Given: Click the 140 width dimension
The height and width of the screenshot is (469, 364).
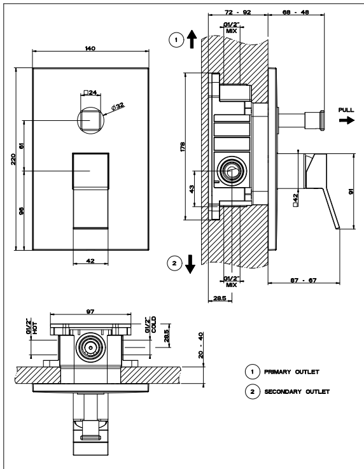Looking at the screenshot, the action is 90,48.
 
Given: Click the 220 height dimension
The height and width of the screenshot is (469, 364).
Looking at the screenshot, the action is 13,159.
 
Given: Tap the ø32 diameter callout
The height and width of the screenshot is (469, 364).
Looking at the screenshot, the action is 118,106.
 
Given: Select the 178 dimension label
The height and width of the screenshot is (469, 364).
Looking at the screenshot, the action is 183,146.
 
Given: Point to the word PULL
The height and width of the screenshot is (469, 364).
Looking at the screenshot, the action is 346,110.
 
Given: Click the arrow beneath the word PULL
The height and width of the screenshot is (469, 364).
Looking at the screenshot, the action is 347,120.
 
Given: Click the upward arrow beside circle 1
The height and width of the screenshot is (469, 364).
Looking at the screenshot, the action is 192,39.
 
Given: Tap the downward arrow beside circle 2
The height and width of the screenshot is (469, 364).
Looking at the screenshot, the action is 190,264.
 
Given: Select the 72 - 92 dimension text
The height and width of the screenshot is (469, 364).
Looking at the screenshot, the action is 238,12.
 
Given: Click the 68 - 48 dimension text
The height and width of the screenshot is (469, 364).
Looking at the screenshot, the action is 296,12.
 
